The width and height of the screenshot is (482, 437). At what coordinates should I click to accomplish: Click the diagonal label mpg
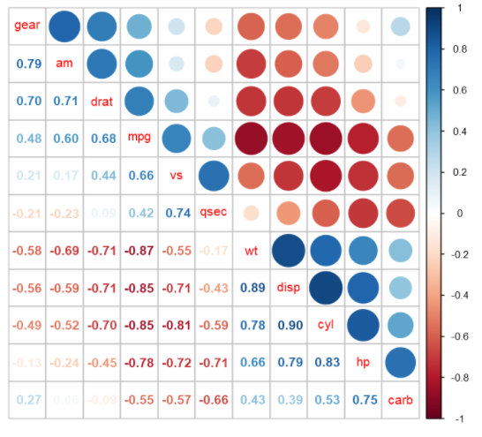click(139, 138)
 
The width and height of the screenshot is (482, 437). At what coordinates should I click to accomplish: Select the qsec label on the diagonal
click(213, 213)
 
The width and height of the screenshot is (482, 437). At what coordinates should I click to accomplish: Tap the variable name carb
click(399, 400)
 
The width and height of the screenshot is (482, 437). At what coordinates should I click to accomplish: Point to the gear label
click(26, 26)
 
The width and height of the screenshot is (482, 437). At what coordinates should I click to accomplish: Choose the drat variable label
click(102, 101)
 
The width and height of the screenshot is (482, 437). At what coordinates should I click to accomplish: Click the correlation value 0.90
click(288, 325)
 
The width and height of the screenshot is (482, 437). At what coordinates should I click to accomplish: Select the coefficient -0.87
click(139, 251)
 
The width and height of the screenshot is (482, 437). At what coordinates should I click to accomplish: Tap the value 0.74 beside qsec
click(176, 213)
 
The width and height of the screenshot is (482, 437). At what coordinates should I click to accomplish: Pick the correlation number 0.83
click(325, 362)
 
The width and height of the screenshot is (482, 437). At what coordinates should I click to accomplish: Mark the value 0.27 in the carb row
click(26, 400)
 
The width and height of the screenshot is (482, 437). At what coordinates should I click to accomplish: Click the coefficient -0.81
click(176, 325)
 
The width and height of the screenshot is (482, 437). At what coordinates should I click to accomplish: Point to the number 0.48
click(26, 138)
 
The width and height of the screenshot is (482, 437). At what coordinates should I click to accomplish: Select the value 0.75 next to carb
click(362, 400)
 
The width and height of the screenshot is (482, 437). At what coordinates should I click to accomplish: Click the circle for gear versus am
click(64, 26)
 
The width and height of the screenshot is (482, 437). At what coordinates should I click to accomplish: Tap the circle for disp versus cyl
click(325, 288)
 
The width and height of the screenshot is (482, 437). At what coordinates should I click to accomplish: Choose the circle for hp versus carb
click(399, 362)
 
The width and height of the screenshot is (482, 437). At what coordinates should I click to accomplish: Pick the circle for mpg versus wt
click(251, 139)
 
